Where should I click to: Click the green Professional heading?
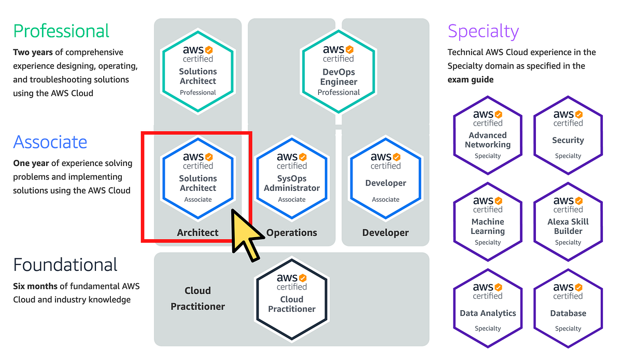(61, 31)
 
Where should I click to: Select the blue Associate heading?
(50, 142)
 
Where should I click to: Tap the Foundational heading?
(65, 265)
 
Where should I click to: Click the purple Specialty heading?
(483, 32)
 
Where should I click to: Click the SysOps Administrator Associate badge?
(292, 178)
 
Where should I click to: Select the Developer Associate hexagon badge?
(386, 178)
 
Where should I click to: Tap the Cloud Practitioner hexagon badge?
(292, 299)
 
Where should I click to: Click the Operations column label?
(292, 233)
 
